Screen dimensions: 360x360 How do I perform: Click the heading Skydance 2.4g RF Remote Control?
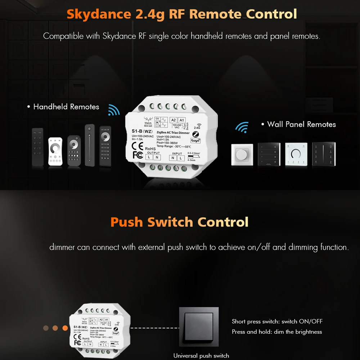pos(182,14)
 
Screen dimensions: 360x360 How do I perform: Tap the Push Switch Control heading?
pos(179,222)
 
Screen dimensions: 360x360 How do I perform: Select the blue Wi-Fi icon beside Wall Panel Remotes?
pos(242,127)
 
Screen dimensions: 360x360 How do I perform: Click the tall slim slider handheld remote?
pos(90,145)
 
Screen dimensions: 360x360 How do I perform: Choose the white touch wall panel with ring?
pos(296,154)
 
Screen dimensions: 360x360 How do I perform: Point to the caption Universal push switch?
pos(201,356)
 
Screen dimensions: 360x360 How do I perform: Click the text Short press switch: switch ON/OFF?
pos(277,321)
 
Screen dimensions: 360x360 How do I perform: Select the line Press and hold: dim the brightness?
pos(277,332)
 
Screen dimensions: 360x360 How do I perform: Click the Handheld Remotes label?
pos(66,107)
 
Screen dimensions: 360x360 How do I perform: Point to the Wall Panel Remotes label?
pos(301,124)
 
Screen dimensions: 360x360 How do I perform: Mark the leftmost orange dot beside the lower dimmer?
pos(46,328)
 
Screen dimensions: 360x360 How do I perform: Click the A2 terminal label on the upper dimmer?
pos(173,120)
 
